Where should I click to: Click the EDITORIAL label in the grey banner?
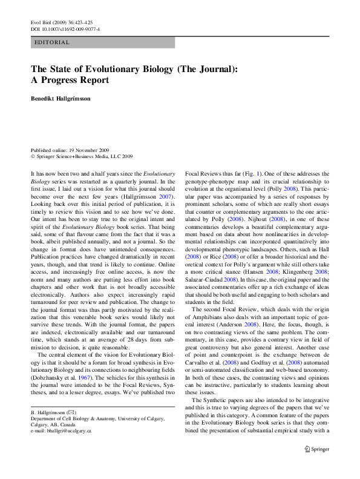point(53,43)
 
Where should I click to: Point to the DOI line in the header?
point(65,28)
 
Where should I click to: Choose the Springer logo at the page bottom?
point(316,449)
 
